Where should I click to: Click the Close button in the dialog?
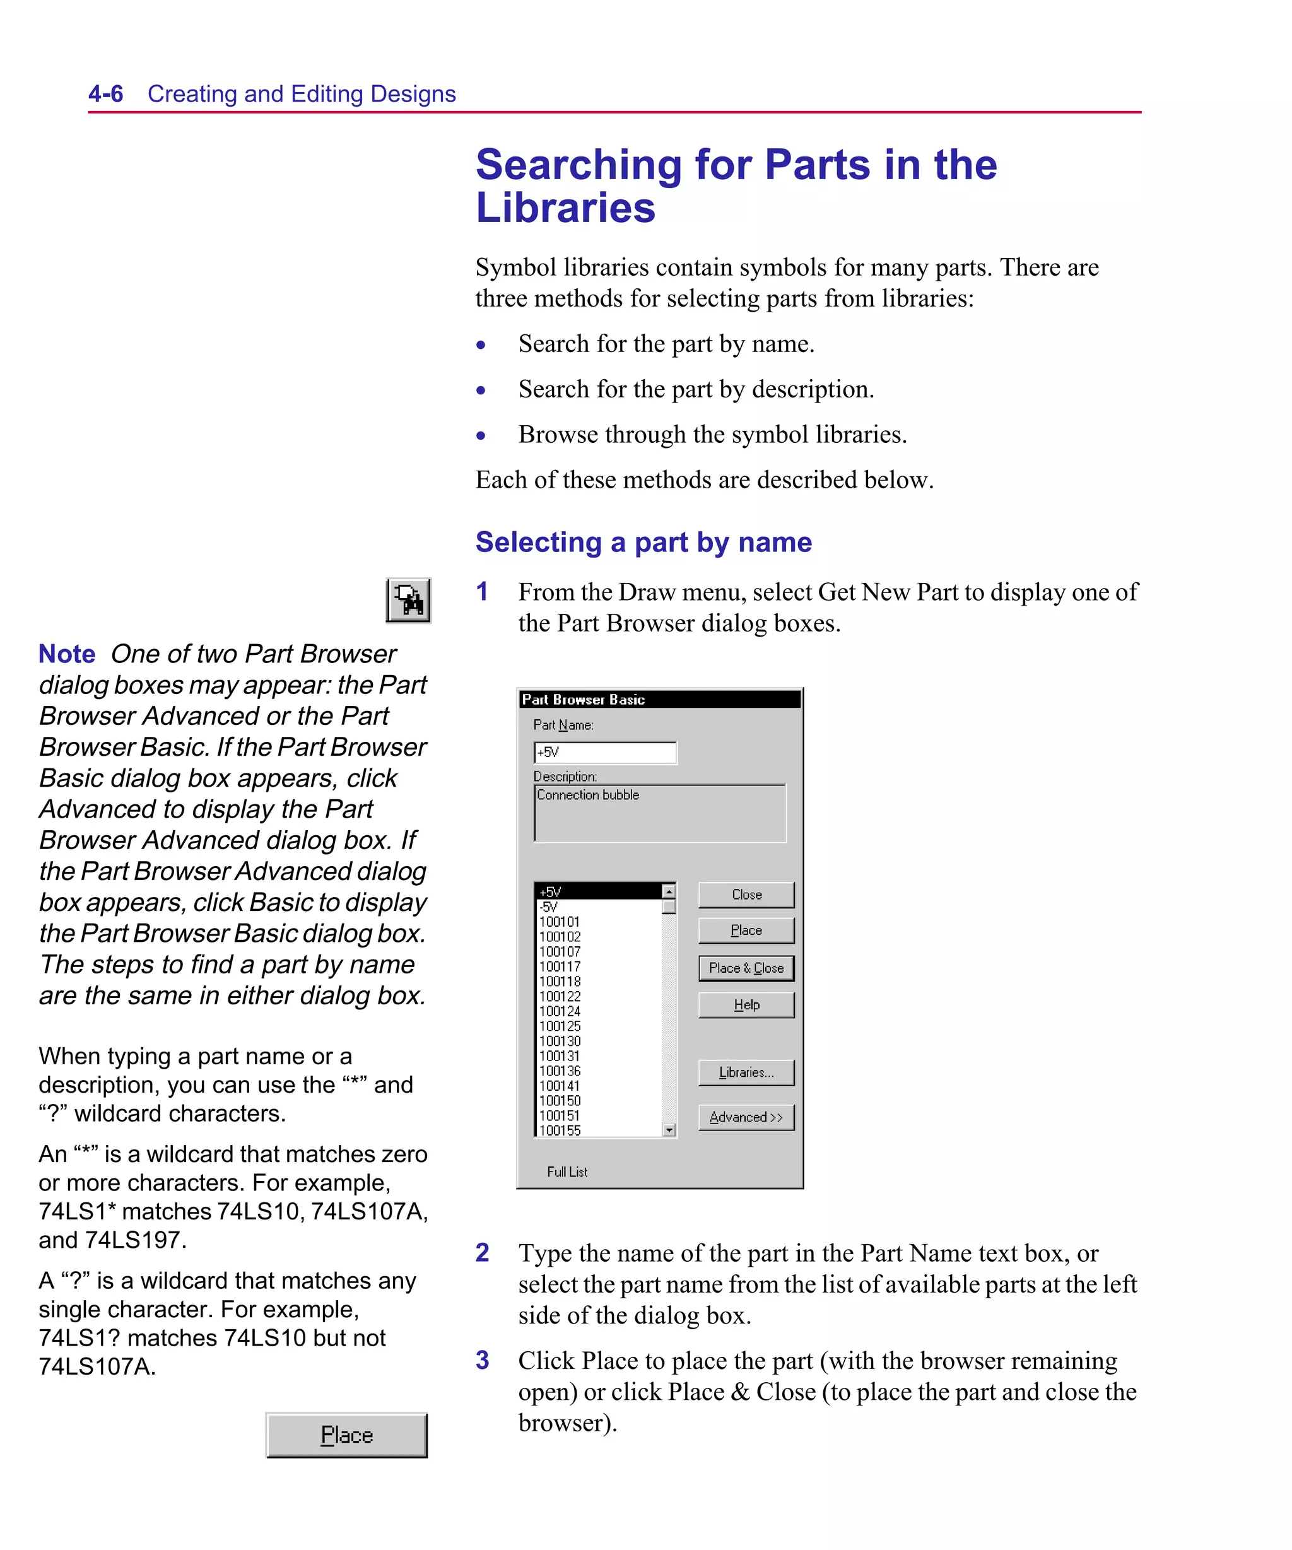click(746, 895)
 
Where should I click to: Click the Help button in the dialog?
click(746, 1004)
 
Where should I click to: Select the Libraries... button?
click(746, 1072)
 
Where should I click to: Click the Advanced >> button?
click(746, 1117)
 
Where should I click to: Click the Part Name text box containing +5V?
click(604, 752)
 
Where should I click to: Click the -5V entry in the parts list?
click(549, 907)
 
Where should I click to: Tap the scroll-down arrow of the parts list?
click(669, 1130)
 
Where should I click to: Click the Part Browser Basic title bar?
click(659, 699)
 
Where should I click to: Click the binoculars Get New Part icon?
click(408, 600)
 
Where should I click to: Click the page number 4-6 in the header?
click(105, 94)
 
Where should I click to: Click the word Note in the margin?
click(66, 654)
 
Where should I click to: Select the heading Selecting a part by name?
click(643, 542)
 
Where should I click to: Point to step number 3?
click(482, 1359)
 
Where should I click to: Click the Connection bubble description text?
click(588, 795)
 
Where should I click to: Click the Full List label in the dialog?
click(567, 1171)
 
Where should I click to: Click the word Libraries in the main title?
click(565, 208)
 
